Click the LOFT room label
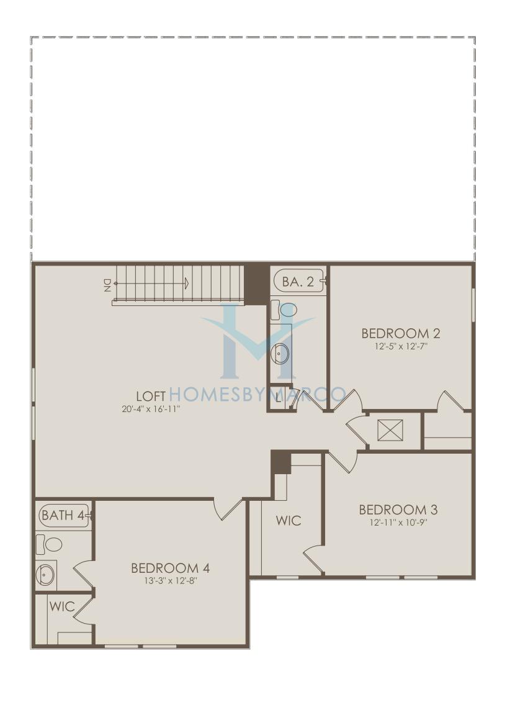151,396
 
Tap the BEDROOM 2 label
401,334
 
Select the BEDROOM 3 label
398,510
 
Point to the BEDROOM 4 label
170,568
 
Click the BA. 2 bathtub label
298,282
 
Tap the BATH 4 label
63,515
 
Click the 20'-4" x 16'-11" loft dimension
151,409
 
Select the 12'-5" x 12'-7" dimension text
401,346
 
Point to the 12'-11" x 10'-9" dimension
398,523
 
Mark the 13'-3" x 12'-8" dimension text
170,580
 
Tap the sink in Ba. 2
282,354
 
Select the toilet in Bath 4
49,544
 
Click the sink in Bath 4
46,573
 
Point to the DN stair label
107,285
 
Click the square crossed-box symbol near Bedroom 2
390,431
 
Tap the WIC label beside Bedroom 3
288,521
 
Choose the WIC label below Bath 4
62,606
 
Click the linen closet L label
279,398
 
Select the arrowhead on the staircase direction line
186,283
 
